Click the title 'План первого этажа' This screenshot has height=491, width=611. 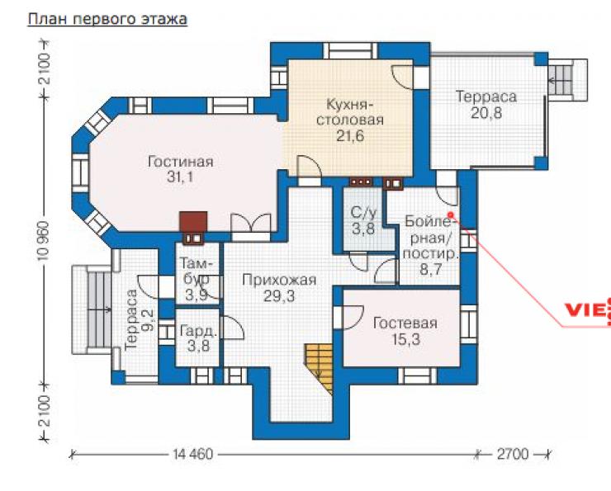click(107, 19)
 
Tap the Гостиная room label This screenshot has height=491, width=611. click(181, 161)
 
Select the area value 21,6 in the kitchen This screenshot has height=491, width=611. click(350, 136)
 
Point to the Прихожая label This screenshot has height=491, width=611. click(279, 280)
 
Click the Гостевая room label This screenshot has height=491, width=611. click(405, 323)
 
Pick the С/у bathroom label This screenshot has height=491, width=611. click(363, 213)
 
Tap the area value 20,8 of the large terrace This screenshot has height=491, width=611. click(486, 113)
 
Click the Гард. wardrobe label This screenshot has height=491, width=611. click(198, 332)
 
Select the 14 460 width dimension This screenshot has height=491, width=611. click(193, 454)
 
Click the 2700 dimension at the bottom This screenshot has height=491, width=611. click(513, 454)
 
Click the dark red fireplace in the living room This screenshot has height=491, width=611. click(193, 222)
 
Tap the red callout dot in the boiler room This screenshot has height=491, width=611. click(451, 215)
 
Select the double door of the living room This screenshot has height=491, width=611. click(251, 223)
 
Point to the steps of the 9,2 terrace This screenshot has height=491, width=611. click(98, 309)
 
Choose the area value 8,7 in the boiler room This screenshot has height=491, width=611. click(430, 270)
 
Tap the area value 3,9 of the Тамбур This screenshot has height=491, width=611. click(196, 295)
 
